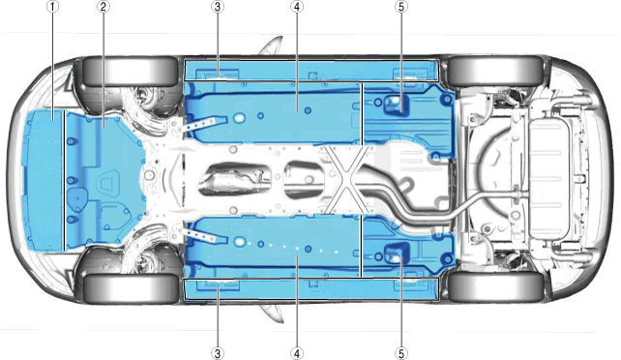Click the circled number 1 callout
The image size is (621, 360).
coord(52,7)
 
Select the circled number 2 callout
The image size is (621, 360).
coord(103,7)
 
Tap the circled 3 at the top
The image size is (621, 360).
coord(218,7)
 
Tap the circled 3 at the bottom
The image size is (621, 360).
coord(218,353)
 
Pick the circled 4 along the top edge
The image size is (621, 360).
coord(297,7)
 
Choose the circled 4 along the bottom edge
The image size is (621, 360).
coord(297,353)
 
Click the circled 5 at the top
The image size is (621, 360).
coord(401,7)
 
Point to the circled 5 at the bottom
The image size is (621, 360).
coord(401,353)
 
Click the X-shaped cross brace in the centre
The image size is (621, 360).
coord(347,179)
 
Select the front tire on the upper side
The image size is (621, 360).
coord(130,72)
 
